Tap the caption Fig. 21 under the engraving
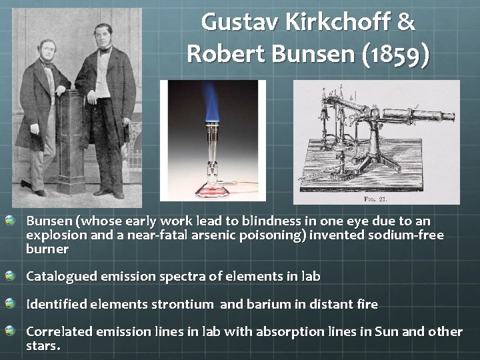coord(376,198)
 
